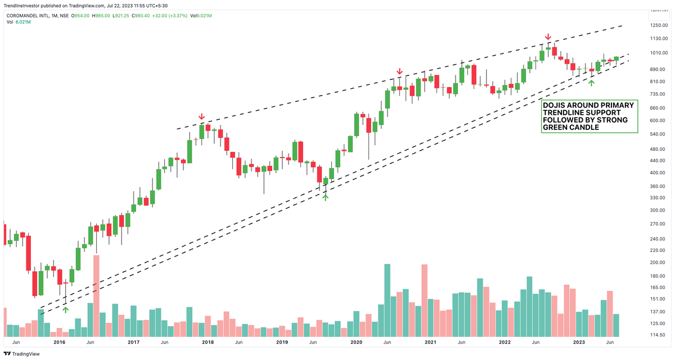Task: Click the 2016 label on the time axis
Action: (59, 342)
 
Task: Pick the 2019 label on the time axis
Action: (282, 342)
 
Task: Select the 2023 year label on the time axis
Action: (579, 342)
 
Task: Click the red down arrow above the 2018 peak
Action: (202, 117)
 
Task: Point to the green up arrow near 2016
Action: (66, 308)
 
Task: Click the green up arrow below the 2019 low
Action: (325, 196)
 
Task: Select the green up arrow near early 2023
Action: (591, 83)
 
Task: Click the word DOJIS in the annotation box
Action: (555, 105)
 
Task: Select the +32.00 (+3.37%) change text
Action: (191, 16)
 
